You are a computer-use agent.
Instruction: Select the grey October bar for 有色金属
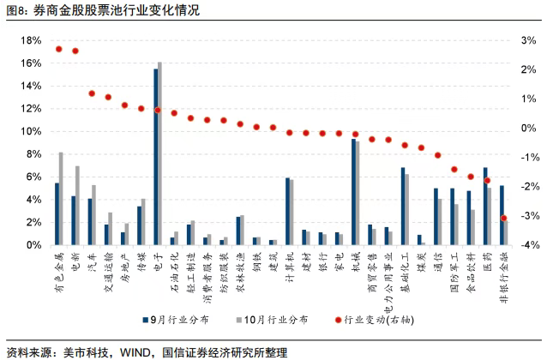(61, 199)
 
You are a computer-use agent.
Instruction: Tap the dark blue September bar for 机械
(353, 192)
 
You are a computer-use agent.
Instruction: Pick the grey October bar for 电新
(77, 206)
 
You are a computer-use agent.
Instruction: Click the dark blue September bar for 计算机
(287, 212)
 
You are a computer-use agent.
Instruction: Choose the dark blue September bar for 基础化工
(403, 207)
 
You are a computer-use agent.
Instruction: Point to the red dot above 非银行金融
(504, 218)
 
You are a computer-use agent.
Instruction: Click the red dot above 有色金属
(58, 49)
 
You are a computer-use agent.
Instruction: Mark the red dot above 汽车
(92, 93)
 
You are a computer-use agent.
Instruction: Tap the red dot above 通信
(438, 155)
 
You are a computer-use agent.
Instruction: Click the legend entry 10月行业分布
(274, 320)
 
